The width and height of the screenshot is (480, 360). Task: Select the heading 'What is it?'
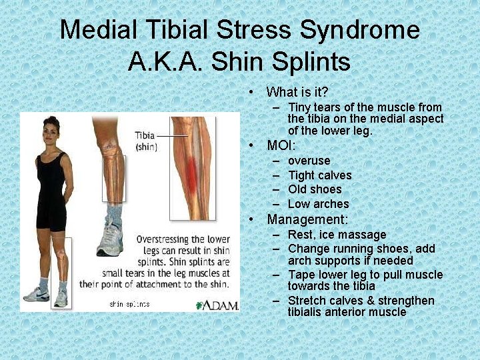297,92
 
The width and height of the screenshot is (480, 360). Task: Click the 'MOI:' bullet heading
281,145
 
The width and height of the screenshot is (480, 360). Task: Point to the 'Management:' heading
307,219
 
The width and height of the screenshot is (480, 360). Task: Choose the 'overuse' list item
309,161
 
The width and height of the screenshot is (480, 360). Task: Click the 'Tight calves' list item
319,175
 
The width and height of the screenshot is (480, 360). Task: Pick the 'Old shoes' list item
315,189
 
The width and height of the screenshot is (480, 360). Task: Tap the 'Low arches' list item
318,204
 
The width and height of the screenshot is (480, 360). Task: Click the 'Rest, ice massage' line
337,235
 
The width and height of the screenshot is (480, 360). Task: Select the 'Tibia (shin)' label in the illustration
145,141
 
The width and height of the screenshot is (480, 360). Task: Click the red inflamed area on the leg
191,175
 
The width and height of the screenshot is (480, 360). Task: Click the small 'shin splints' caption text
129,304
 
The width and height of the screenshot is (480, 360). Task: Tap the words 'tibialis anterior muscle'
347,312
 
